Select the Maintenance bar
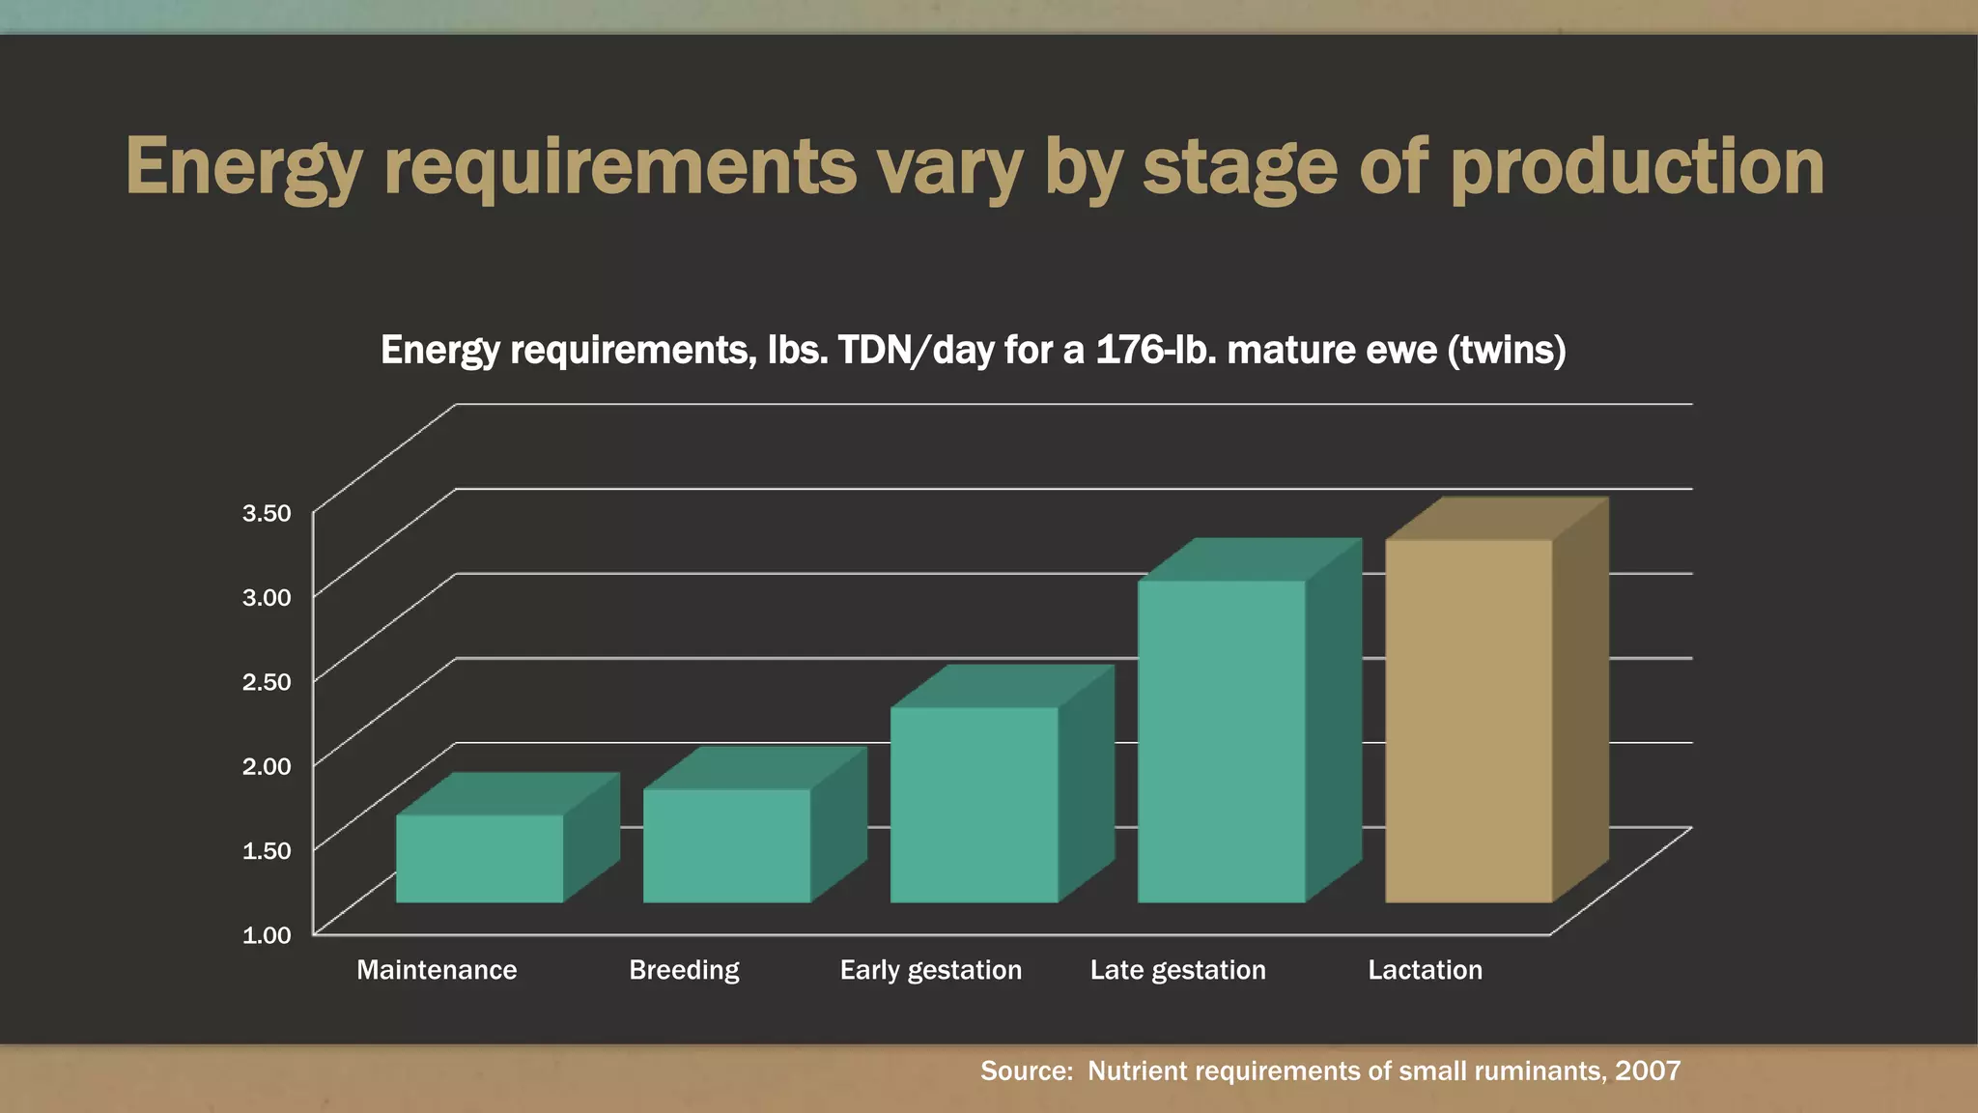[x=480, y=858]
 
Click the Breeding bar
[x=727, y=845]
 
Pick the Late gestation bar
[x=1221, y=741]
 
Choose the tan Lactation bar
[x=1468, y=721]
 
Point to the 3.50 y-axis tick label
[x=267, y=513]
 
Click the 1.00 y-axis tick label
[x=267, y=935]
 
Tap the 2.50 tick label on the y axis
[x=267, y=682]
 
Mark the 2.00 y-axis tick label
[x=267, y=766]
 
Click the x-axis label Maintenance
[x=437, y=970]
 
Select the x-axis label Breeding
[x=684, y=970]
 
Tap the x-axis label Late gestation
[x=1177, y=970]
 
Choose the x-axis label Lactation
[x=1425, y=970]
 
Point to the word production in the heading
[x=1637, y=167]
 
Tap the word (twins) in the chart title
[x=1506, y=350]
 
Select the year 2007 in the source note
[x=1648, y=1070]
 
